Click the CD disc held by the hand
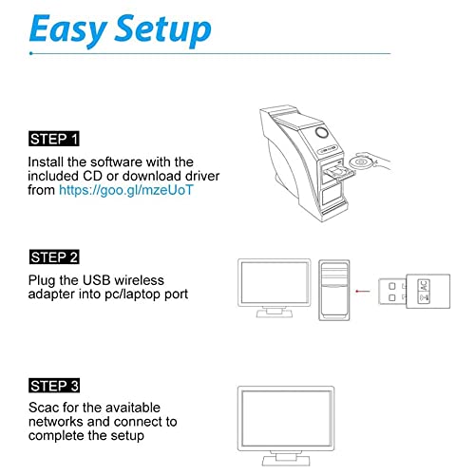pyautogui.click(x=358, y=164)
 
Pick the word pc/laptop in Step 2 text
pyautogui.click(x=142, y=294)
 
